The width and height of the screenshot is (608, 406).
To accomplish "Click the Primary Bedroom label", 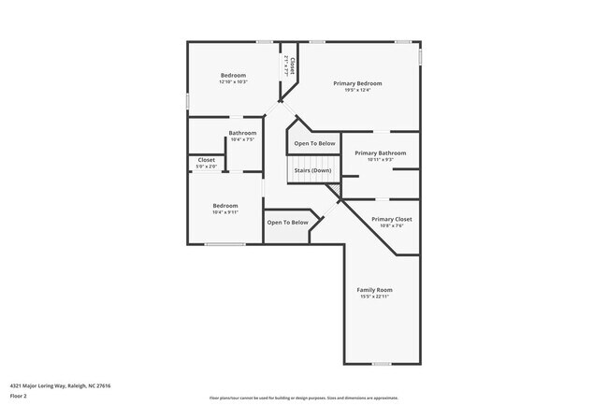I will click(x=357, y=83).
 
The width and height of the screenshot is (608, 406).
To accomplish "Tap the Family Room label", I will click(x=374, y=290).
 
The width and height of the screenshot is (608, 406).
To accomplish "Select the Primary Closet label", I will click(x=391, y=219).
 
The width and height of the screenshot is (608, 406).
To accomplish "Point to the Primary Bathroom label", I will click(x=380, y=152).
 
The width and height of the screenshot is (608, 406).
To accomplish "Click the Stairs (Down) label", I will click(x=313, y=170).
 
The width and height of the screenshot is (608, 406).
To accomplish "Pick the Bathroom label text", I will click(x=242, y=133).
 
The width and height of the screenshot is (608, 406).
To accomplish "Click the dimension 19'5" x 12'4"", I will click(x=357, y=90).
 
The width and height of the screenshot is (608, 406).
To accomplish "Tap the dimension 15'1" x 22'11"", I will click(x=374, y=297).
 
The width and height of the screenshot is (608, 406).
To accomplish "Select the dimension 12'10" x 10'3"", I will click(x=233, y=81).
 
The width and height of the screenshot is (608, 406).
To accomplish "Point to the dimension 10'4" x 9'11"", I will click(x=224, y=212).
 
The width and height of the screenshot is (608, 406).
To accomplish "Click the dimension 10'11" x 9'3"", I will click(x=380, y=159).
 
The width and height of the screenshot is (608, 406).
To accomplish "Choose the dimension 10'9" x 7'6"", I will click(x=391, y=225).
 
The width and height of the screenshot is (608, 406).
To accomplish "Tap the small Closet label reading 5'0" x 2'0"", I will click(x=207, y=167).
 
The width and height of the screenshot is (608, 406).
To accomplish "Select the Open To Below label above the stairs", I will click(x=314, y=143).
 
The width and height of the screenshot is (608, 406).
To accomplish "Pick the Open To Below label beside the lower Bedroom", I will click(x=287, y=223).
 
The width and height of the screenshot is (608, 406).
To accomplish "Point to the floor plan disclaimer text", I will click(x=303, y=398).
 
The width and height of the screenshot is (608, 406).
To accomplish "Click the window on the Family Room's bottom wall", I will click(x=382, y=363).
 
